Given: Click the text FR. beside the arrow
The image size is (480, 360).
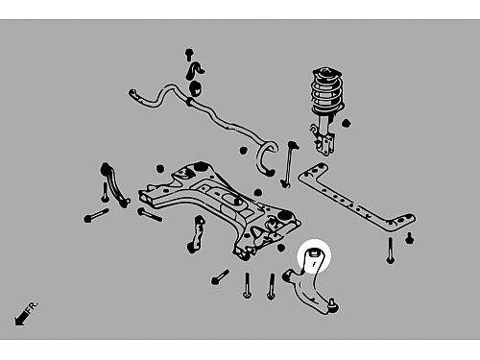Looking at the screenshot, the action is (x=32, y=306).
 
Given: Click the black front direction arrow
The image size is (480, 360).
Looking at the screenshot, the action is (x=22, y=318).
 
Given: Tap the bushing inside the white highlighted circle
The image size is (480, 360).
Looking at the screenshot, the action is (x=314, y=253).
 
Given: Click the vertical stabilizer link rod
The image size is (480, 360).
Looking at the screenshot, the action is (x=289, y=164).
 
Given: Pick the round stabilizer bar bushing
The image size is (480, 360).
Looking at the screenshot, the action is (x=195, y=88).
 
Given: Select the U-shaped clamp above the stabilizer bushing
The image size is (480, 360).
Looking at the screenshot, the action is (x=194, y=71).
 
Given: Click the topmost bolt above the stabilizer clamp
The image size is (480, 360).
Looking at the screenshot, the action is (x=189, y=55).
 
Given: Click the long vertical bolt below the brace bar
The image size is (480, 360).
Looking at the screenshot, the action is (x=390, y=251).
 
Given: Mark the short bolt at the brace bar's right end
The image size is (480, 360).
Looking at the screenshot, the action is (x=409, y=238).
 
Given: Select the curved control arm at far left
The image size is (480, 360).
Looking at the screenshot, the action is (x=113, y=184).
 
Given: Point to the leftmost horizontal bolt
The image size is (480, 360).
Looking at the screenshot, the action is (x=96, y=215).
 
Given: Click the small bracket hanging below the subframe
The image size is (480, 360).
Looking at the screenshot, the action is (x=196, y=234).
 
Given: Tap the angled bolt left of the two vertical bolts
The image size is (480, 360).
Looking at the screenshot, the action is (x=220, y=277).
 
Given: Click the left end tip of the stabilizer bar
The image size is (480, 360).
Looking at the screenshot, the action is (x=132, y=93).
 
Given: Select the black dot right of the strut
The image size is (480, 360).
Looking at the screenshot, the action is (x=346, y=123).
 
